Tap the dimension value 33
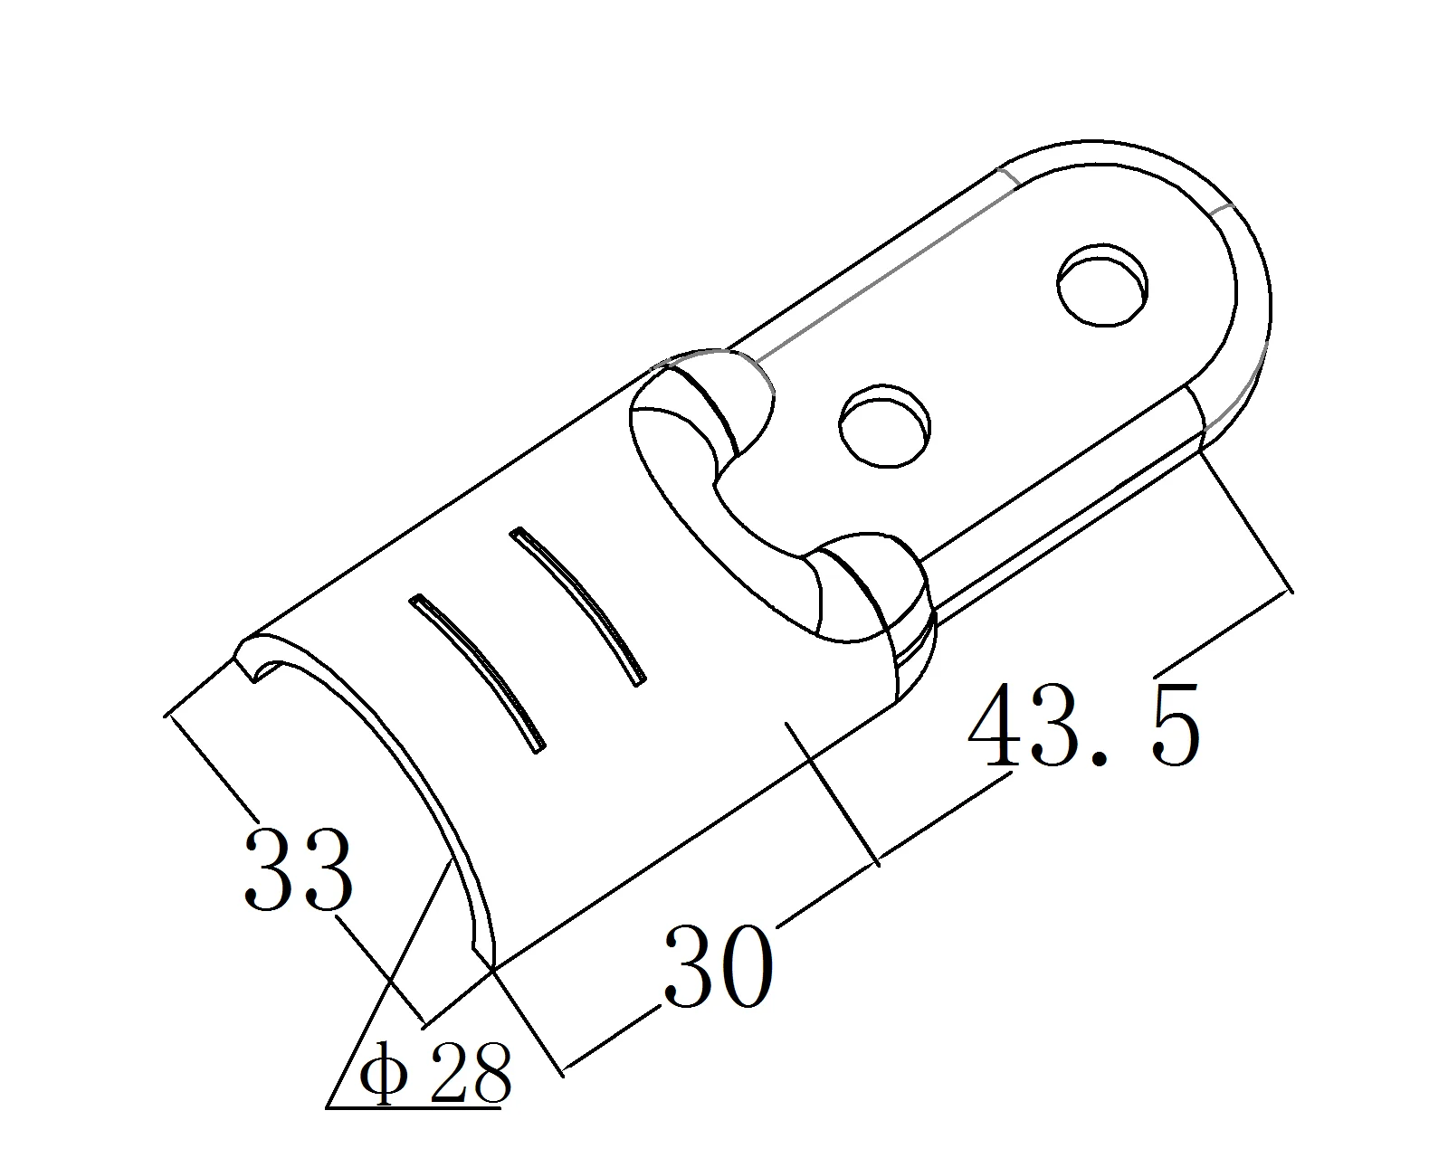click(297, 869)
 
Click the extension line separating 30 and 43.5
click(833, 792)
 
